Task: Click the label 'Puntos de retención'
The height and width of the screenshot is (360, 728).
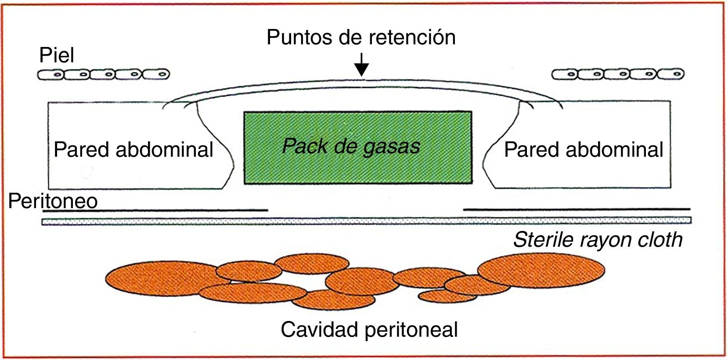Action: (x=361, y=37)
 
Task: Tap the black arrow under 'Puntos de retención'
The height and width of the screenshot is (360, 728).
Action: (x=361, y=65)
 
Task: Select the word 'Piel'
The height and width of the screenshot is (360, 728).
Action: (x=57, y=55)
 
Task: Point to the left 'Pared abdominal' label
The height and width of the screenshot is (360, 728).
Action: (x=133, y=150)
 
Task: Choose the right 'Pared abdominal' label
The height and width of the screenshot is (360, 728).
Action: (x=584, y=150)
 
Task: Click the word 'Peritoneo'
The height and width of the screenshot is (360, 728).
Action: (x=53, y=201)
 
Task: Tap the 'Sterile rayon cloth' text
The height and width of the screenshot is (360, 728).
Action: (x=598, y=240)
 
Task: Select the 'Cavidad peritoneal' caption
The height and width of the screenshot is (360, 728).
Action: (x=369, y=329)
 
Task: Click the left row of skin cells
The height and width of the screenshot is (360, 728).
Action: (x=104, y=75)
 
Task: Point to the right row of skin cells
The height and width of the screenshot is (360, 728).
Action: (x=618, y=74)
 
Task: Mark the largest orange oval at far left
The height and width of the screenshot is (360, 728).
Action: (x=162, y=277)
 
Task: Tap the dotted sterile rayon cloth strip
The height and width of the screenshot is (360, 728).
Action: (x=366, y=221)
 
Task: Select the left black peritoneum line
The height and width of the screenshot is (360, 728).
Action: (x=155, y=210)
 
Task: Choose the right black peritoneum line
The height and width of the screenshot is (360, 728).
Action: (x=577, y=209)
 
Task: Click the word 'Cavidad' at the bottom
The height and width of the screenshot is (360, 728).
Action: (x=317, y=329)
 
